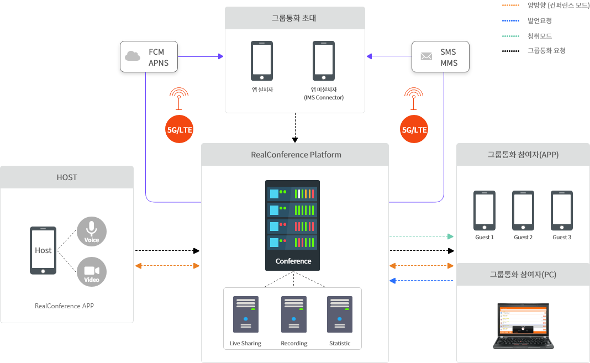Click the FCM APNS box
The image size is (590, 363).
tap(149, 56)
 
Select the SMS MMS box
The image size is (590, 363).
tap(440, 56)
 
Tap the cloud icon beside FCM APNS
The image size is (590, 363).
tap(133, 56)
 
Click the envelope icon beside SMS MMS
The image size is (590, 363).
tap(426, 56)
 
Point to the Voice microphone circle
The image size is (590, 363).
tap(92, 231)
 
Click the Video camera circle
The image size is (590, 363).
tap(92, 271)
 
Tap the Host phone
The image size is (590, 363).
tap(43, 250)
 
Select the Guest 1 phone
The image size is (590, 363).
tap(484, 211)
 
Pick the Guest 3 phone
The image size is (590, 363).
tap(562, 211)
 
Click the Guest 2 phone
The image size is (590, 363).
tap(523, 211)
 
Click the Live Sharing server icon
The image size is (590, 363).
tap(246, 314)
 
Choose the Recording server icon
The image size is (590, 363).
tap(294, 314)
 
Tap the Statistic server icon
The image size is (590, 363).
tap(340, 314)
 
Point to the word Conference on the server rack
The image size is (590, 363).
tap(293, 261)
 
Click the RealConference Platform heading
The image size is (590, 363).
tap(296, 155)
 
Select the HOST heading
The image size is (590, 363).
tap(67, 177)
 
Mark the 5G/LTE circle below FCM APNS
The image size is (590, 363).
tap(180, 130)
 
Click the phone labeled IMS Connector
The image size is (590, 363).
tap(324, 60)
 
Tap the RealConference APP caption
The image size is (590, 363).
tap(64, 306)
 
